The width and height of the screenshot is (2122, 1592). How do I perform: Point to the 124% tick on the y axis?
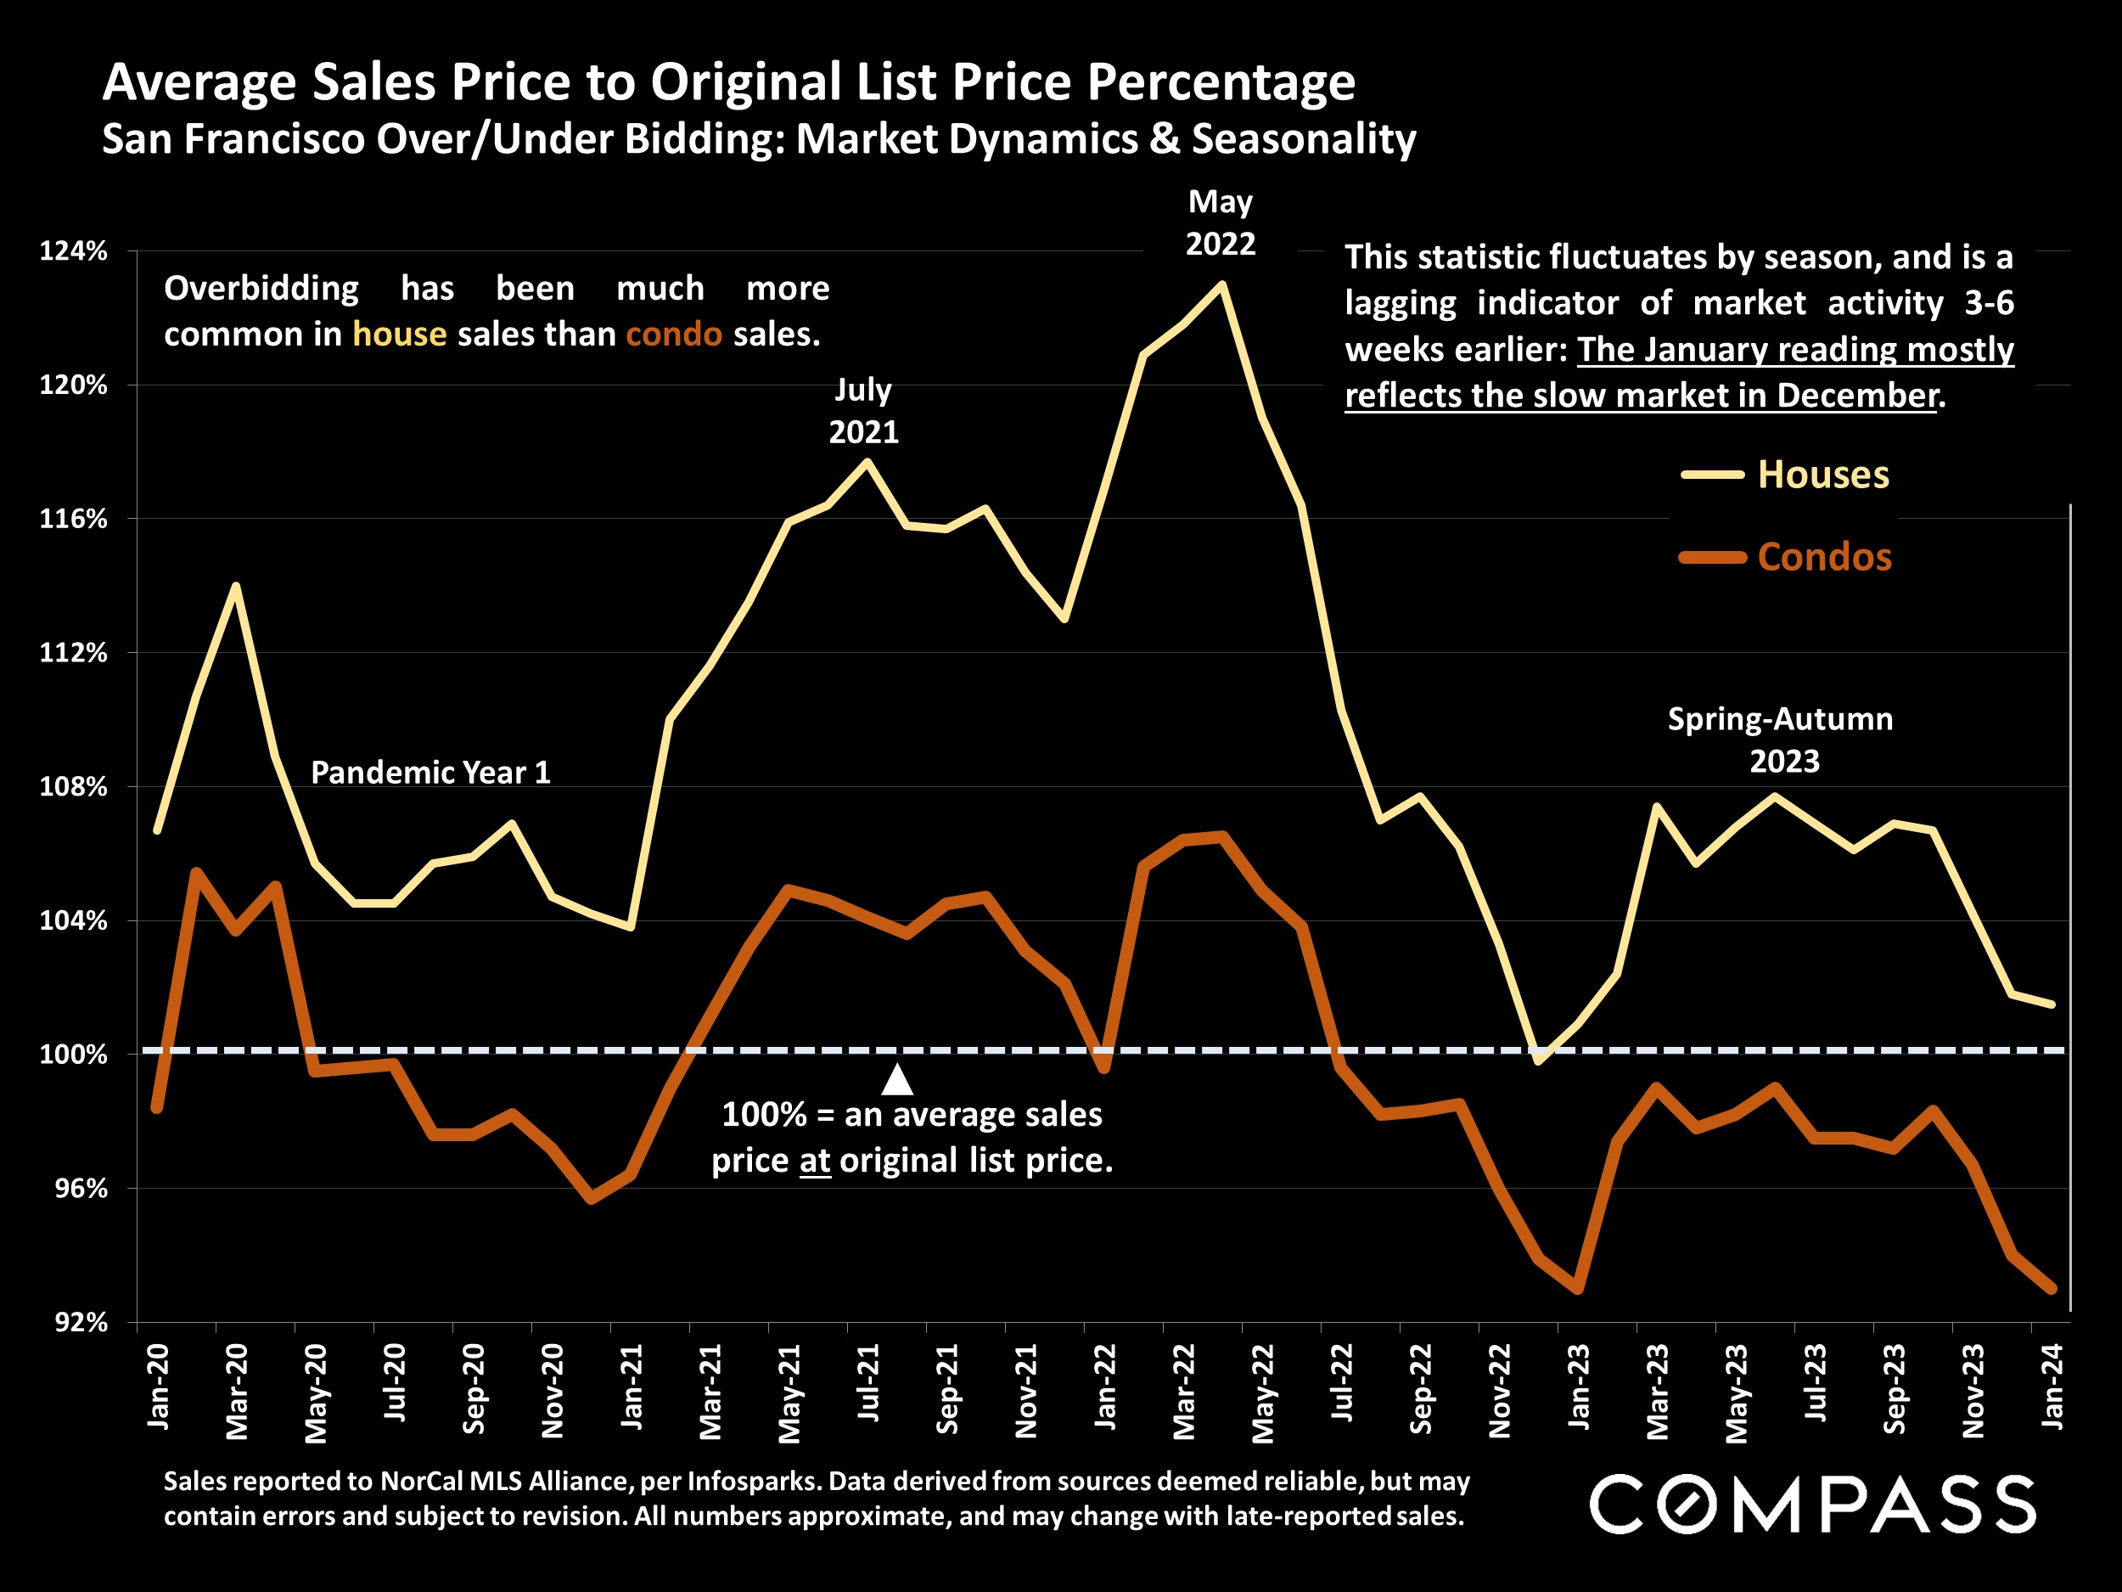point(73,251)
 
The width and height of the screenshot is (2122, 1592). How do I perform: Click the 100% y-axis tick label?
point(73,1055)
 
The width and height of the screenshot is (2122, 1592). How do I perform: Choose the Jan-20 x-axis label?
point(158,1386)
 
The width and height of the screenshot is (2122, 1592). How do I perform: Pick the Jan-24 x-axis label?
point(2051,1386)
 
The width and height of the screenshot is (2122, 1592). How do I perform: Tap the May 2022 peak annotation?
point(1221,222)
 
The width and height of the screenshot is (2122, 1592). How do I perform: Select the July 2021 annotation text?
point(863,411)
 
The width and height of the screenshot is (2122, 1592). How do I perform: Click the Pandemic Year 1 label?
point(430,773)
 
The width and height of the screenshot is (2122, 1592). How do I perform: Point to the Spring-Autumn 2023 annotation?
point(1781,740)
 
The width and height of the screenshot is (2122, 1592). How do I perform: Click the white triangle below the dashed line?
point(897,1081)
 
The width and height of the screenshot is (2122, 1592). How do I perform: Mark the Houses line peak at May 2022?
point(1221,284)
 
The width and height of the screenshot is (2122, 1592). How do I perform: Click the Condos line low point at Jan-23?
point(1578,1290)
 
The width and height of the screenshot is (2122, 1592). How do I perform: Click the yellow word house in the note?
point(399,334)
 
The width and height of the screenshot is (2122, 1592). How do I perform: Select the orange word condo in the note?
point(673,334)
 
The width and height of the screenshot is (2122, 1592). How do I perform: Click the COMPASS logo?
point(1812,1504)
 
